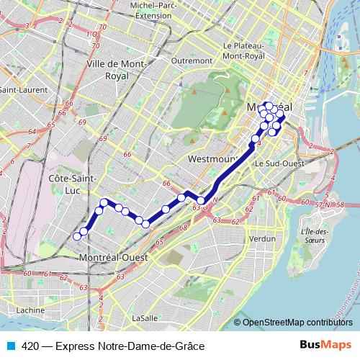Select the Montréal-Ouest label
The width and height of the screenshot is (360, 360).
coord(114,257)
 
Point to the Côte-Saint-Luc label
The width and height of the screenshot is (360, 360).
coord(71,183)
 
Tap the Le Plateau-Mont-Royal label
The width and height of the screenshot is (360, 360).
coord(244,50)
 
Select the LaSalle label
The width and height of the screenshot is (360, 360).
coord(145,317)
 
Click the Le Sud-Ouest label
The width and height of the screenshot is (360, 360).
coord(276,163)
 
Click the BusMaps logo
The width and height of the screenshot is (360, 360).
coord(325,346)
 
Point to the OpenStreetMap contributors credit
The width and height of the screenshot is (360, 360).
coord(297,322)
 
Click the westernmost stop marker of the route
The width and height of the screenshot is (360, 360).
coord(78,236)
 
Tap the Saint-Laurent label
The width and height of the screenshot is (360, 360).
coord(18,90)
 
